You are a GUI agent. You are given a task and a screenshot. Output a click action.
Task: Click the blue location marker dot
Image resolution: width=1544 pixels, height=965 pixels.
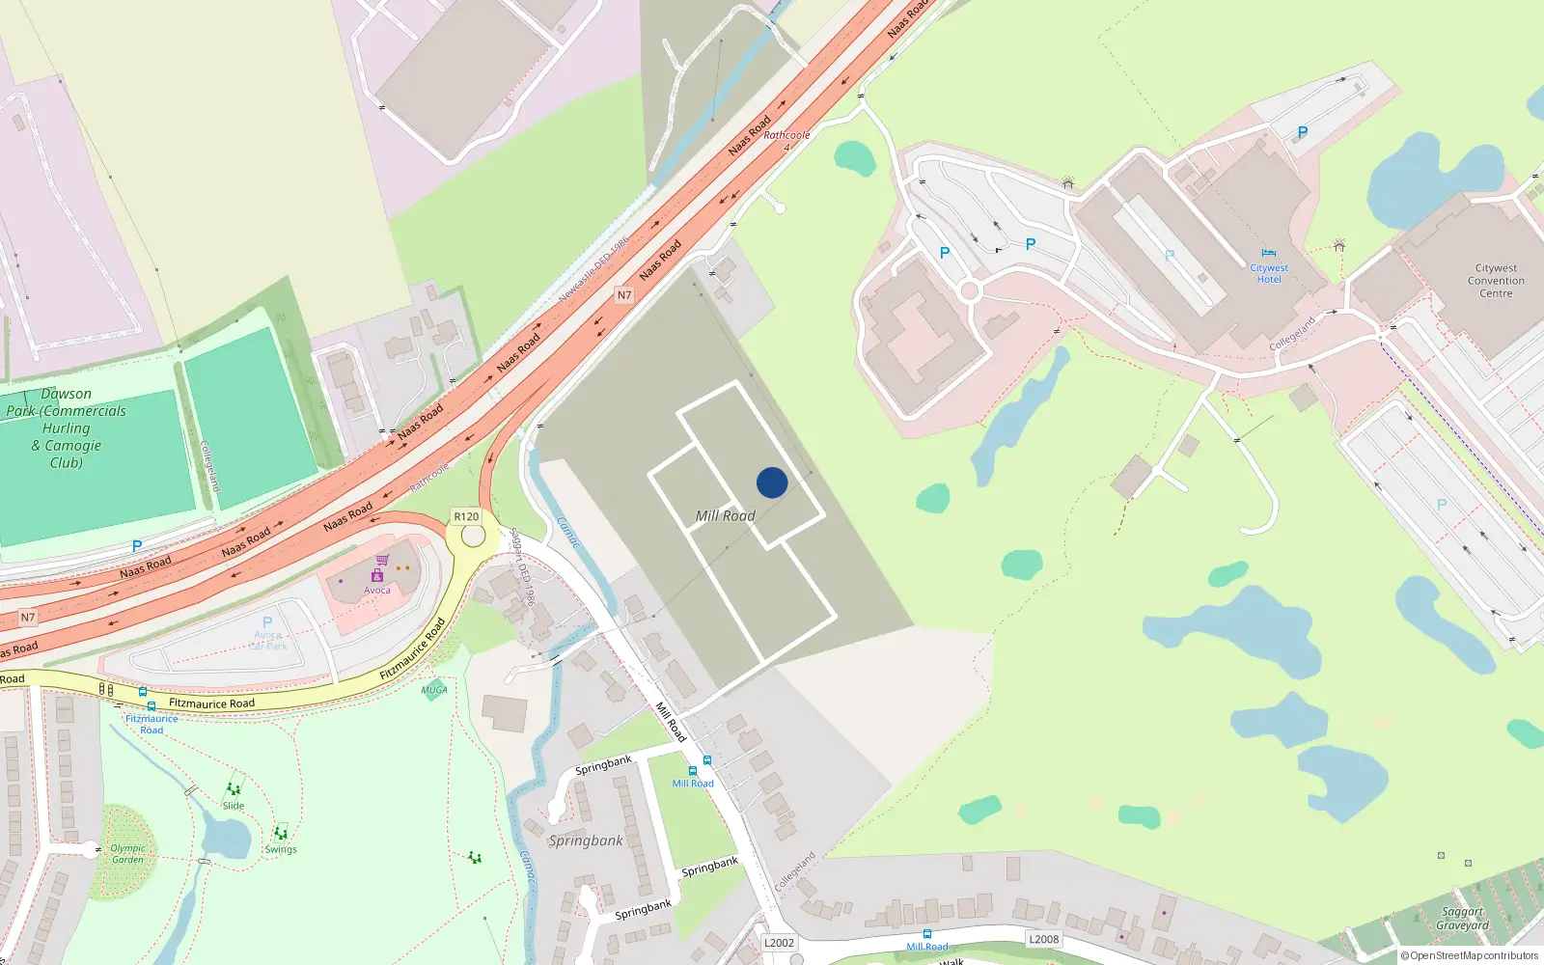pos(772,482)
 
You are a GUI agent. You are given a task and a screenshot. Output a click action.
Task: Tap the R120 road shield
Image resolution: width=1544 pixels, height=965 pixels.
pos(466,516)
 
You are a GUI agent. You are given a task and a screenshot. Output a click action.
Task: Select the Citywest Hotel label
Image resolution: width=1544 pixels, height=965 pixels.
pos(1269,274)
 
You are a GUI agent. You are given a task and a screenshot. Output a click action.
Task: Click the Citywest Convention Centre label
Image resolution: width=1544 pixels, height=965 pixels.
pos(1496,281)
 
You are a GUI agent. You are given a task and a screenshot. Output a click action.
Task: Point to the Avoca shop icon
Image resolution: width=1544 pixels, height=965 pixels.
pos(382,560)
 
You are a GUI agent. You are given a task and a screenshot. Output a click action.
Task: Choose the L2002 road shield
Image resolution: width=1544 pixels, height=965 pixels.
pos(779,943)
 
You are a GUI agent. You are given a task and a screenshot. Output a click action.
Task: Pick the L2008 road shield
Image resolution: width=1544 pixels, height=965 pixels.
pos(1043,939)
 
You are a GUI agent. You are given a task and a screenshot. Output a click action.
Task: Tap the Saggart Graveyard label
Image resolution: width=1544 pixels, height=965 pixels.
pos(1462,919)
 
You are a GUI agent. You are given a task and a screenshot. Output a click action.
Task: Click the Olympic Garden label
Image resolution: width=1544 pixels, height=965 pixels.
pos(127,854)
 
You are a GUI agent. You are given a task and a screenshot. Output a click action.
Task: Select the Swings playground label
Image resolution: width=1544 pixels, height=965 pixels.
pos(281,849)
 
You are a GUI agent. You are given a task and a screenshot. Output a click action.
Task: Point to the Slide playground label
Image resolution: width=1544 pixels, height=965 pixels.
pos(234,805)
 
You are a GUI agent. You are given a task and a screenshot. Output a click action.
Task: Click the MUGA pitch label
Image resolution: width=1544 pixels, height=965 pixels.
pos(434,690)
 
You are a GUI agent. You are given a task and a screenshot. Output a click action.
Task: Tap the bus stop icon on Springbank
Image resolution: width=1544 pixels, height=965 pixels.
pos(707,760)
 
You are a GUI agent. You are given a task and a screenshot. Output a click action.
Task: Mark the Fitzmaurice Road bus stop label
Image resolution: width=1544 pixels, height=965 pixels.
pos(152,724)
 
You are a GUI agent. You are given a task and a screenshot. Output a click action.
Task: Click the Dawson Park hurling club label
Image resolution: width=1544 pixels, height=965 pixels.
pos(67,427)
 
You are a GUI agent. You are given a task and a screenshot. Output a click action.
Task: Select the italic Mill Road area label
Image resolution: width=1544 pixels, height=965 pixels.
pos(726,516)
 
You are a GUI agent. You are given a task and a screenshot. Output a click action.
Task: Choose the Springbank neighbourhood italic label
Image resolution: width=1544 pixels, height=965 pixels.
pos(586,841)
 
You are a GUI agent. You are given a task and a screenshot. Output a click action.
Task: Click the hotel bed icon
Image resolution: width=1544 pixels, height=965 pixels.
pos(1268,254)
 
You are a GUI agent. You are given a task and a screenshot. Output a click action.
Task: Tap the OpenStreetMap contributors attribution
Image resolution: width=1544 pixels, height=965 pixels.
pos(1470,956)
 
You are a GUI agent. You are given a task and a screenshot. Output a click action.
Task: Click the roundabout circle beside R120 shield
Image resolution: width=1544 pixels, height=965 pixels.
pos(473,535)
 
